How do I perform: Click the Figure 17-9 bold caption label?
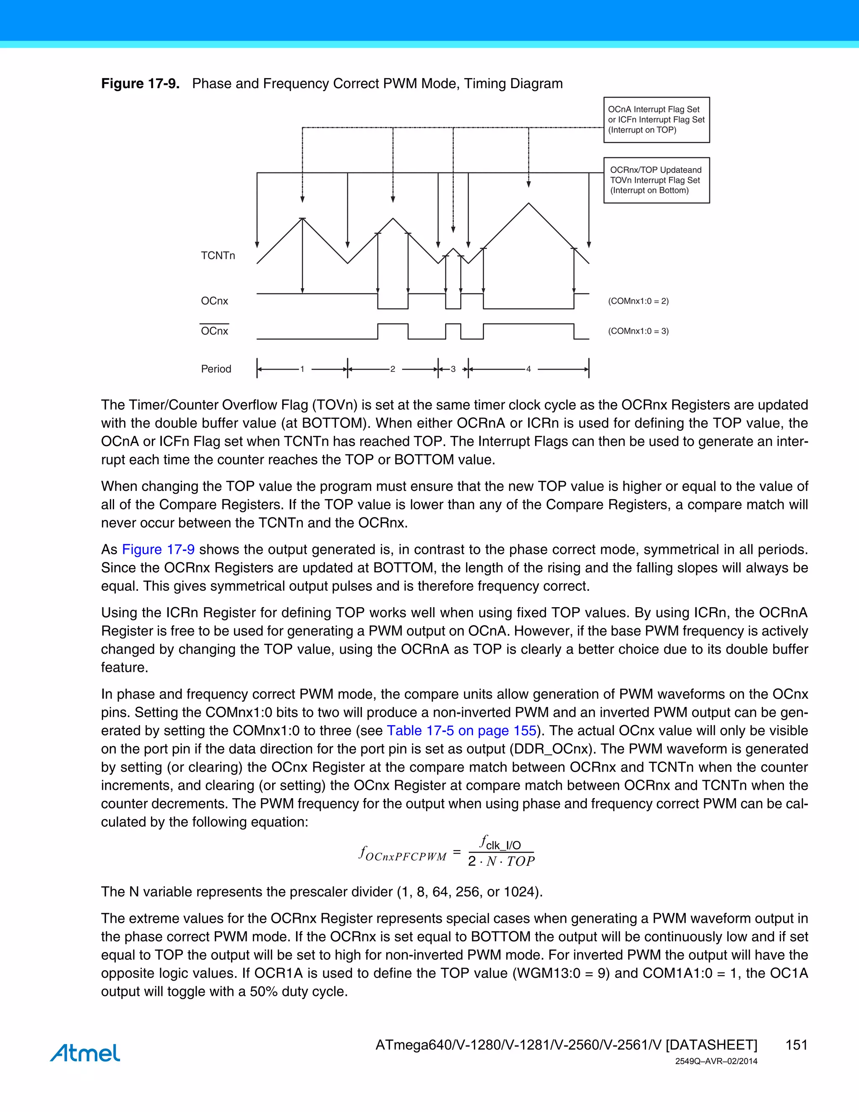pyautogui.click(x=140, y=84)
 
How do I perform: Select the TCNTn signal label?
pyautogui.click(x=218, y=256)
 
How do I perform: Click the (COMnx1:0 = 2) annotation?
pyautogui.click(x=638, y=301)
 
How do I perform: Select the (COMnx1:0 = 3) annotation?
pyautogui.click(x=638, y=331)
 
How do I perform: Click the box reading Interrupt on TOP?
pyautogui.click(x=656, y=120)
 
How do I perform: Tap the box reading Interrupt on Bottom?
pyautogui.click(x=656, y=180)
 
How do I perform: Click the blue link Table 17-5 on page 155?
pyautogui.click(x=461, y=731)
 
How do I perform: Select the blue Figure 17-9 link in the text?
pyautogui.click(x=158, y=549)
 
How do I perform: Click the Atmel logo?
pyautogui.click(x=85, y=1052)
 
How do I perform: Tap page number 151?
pyautogui.click(x=797, y=1045)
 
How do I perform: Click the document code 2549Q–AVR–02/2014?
pyautogui.click(x=716, y=1062)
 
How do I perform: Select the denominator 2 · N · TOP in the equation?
pyautogui.click(x=501, y=861)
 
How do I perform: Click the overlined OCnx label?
pyautogui.click(x=214, y=331)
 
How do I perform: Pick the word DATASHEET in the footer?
pyautogui.click(x=711, y=1045)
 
